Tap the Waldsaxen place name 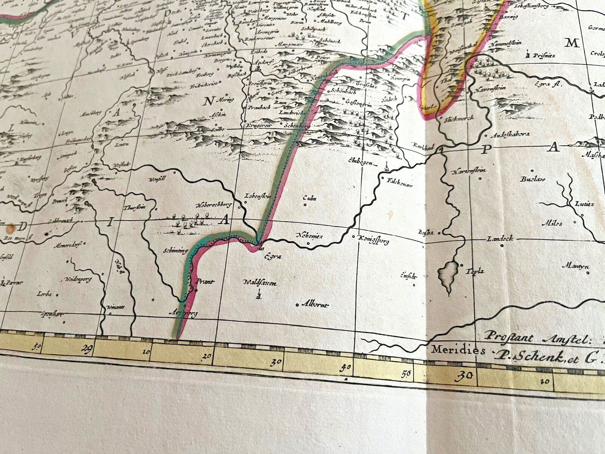pos(260,283)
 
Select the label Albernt pos(315,305)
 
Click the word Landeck pos(500,239)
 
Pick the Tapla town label pos(475,271)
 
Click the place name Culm pos(310,198)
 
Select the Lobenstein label pos(259,196)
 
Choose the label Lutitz pos(585,204)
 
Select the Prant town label pos(205,282)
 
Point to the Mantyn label pos(575,266)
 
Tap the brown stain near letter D pos(10,228)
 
